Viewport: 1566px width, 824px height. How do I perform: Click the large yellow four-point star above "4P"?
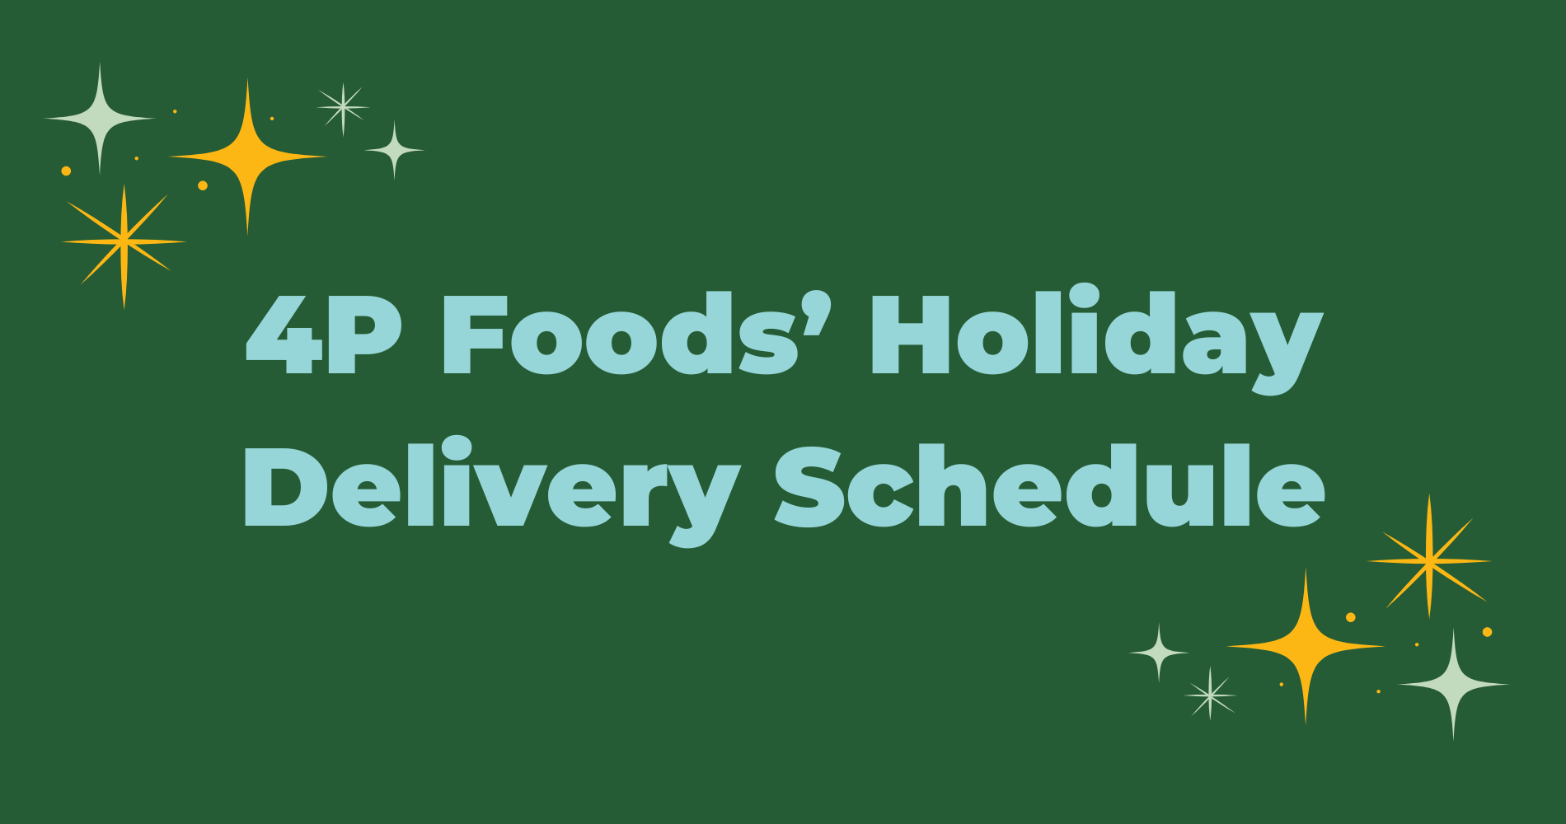pyautogui.click(x=247, y=156)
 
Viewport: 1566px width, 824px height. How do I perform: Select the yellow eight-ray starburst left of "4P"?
pyautogui.click(x=124, y=241)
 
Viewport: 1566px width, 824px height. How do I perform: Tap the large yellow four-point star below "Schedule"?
pyautogui.click(x=1306, y=647)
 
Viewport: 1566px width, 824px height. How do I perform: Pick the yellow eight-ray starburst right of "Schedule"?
pyautogui.click(x=1429, y=560)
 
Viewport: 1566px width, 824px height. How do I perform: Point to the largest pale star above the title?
pyautogui.click(x=100, y=119)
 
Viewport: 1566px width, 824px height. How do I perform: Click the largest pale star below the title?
pyautogui.click(x=1453, y=684)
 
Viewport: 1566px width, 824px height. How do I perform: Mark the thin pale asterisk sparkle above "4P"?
pyautogui.click(x=343, y=107)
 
